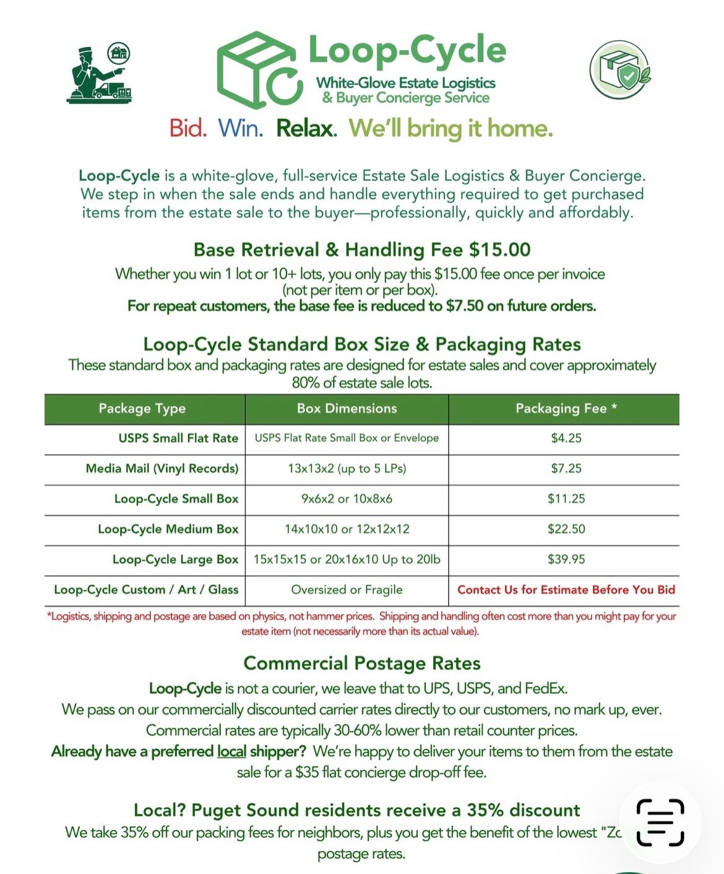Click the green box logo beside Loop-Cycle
259,70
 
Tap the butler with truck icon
99,73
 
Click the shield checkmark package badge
620,69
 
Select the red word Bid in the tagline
187,128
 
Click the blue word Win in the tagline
240,128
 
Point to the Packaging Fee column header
566,409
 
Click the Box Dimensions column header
347,409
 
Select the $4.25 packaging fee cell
566,439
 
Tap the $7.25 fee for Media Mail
566,469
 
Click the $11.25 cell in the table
566,499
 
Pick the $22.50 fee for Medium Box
566,530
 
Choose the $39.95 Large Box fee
566,560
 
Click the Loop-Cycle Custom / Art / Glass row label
146,590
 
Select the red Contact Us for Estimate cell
566,590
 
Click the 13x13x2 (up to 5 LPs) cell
347,469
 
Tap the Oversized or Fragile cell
347,590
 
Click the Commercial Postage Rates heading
362,663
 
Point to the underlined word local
231,751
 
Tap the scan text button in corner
660,823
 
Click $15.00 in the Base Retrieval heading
499,250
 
